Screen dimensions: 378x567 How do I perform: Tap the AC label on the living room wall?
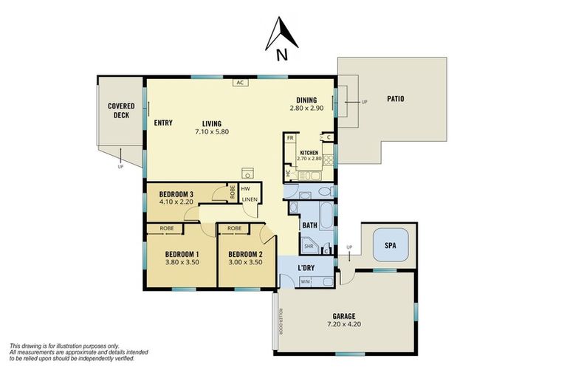tap(240, 83)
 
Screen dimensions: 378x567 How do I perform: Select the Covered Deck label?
tap(121, 111)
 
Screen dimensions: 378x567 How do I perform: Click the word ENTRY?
tap(163, 123)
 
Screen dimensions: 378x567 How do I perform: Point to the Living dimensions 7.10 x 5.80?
tap(212, 131)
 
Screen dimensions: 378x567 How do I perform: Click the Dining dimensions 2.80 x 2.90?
tap(306, 108)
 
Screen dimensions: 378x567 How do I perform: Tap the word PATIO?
tap(394, 99)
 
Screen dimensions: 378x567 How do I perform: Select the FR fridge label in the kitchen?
tap(290, 138)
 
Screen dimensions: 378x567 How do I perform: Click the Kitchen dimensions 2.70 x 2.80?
tap(309, 158)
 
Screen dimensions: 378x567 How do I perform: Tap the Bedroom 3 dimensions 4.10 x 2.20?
tap(176, 202)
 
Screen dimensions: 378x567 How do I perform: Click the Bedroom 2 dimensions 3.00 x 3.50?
tap(240, 261)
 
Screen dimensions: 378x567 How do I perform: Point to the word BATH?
tap(309, 224)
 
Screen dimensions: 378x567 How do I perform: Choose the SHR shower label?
tap(309, 247)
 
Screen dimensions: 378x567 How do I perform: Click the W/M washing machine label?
tap(305, 281)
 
